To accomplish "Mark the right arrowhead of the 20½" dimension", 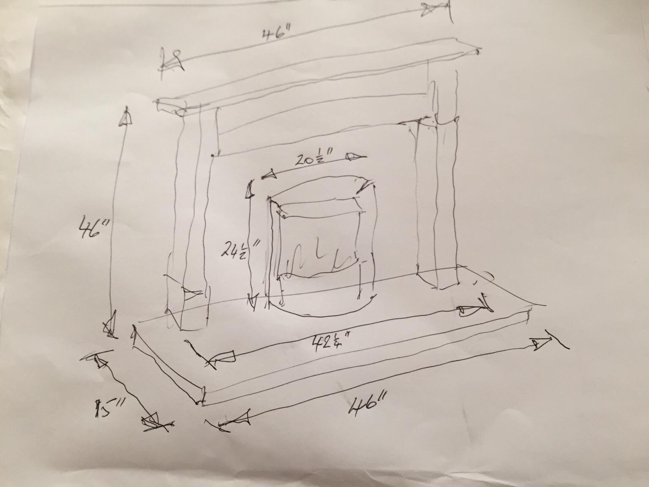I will tap(354, 158).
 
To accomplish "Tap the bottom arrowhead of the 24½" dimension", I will tap(252, 301).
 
